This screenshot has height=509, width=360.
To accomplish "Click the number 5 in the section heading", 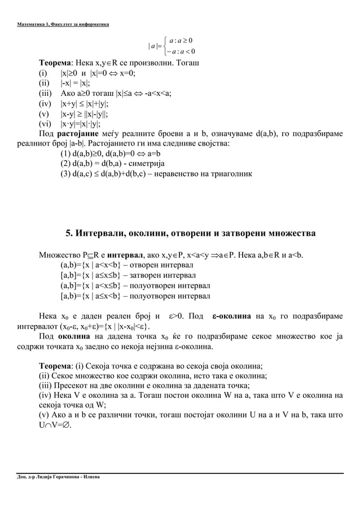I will tap(69, 233).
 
